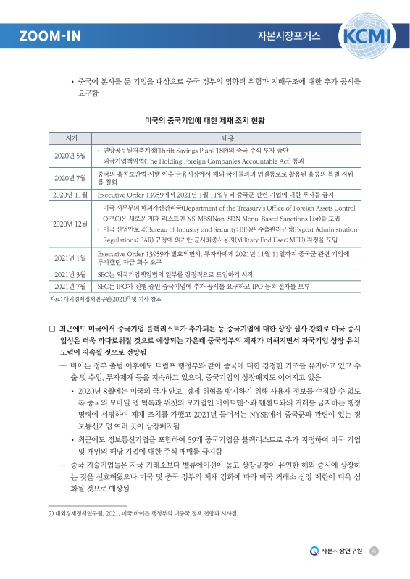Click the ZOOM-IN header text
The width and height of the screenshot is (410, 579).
point(49,35)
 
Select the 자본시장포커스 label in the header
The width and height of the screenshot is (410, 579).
point(288,35)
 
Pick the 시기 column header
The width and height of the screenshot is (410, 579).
point(71,137)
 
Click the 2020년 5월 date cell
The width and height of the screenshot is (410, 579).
point(71,156)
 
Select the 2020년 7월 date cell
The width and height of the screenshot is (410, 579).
point(71,178)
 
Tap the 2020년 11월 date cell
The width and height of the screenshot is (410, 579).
point(71,195)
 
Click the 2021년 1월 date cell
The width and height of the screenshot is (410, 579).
point(71,258)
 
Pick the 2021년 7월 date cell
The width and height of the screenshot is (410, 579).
point(71,287)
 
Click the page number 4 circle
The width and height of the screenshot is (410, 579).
point(375,551)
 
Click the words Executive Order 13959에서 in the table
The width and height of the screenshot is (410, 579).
point(130,195)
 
